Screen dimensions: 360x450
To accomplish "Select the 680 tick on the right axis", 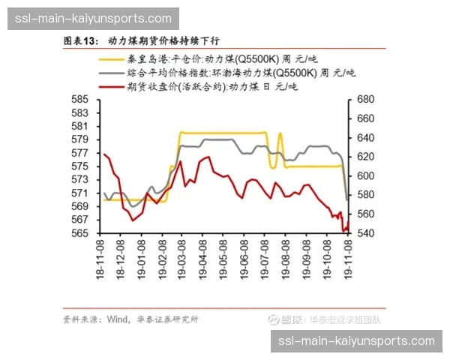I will coord(365,99).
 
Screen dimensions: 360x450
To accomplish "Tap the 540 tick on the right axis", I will coord(365,233).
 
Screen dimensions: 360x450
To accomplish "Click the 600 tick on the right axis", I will coord(365,175).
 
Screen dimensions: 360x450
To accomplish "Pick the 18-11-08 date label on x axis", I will coord(100,256).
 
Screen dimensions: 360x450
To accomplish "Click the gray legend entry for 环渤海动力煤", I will coord(225,73).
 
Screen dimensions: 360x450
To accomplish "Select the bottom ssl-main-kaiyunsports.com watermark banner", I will coord(356,340).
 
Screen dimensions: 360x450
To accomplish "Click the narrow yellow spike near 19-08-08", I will coord(280,135).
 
